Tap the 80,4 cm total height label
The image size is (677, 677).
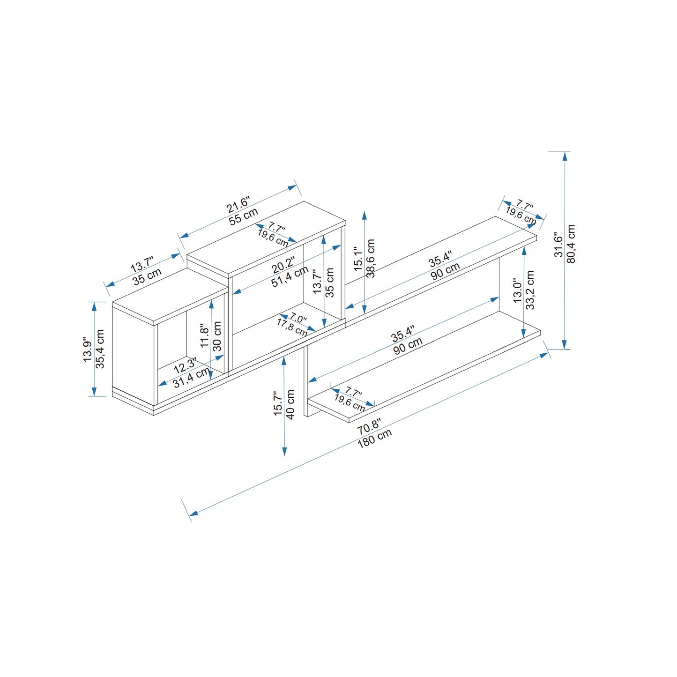[571, 244]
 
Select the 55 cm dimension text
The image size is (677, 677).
[244, 216]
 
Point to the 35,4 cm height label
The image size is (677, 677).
[100, 349]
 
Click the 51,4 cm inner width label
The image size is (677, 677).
[290, 276]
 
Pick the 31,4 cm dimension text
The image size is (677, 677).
[192, 378]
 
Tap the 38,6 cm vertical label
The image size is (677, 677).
[371, 258]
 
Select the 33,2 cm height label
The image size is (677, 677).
[531, 290]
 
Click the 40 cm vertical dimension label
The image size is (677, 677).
[290, 404]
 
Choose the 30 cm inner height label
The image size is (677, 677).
[218, 336]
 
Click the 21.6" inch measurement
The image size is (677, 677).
[238, 205]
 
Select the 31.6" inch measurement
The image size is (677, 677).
[558, 244]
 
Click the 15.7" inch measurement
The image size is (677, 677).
[278, 404]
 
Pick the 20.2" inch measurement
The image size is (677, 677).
[283, 265]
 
